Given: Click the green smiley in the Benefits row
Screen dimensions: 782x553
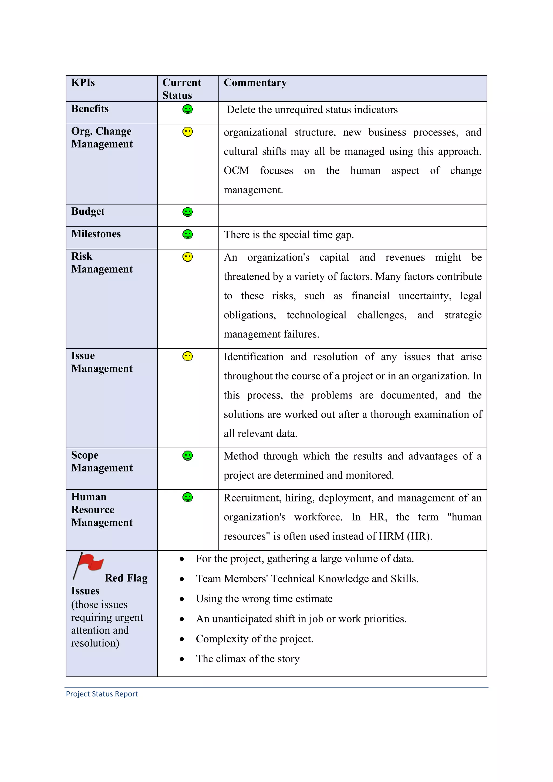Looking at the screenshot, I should click(x=188, y=109).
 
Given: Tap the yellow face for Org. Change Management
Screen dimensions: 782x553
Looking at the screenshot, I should click(x=188, y=132).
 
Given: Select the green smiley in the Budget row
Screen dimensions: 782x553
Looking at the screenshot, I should click(x=188, y=212).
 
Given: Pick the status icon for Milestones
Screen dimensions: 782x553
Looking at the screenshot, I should click(x=188, y=234).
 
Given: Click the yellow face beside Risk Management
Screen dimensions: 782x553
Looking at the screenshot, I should click(x=188, y=257).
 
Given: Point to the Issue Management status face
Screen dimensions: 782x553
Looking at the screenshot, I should click(x=188, y=356).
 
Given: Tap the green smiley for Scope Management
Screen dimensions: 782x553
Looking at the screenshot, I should click(x=188, y=456).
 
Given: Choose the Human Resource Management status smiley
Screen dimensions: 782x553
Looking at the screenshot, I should click(x=188, y=497).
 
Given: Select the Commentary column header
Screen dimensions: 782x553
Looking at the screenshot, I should click(x=255, y=83).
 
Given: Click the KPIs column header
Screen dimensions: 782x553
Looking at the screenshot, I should click(x=83, y=83).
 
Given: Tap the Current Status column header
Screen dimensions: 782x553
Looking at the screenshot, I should click(x=181, y=89).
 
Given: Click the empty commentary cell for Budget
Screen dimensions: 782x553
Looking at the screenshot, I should click(x=352, y=215).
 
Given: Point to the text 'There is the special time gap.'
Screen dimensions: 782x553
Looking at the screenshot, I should click(x=289, y=235).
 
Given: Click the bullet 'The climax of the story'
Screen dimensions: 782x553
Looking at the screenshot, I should click(x=248, y=659).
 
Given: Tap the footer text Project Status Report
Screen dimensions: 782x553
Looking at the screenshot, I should click(x=102, y=694).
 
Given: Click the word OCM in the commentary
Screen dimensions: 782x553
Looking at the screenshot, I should click(x=236, y=171).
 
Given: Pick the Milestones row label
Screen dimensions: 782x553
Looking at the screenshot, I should click(x=96, y=234).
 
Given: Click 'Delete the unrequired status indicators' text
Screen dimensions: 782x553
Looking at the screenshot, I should click(x=312, y=110).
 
